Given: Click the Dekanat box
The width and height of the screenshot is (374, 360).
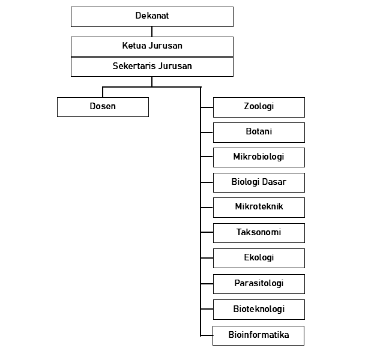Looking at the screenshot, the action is tap(152, 17).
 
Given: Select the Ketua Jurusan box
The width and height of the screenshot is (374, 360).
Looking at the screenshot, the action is tap(152, 47).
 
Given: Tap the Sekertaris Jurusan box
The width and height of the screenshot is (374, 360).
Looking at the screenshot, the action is tap(152, 67).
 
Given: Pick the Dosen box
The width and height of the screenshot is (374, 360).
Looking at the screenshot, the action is tap(103, 107).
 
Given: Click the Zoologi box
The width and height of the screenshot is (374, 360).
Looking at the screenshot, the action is tap(259, 107).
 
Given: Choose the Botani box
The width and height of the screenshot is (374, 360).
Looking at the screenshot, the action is tap(259, 133).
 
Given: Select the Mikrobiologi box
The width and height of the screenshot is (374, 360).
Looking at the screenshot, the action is tap(259, 157).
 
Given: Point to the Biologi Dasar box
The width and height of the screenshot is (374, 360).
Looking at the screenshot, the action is tap(259, 182).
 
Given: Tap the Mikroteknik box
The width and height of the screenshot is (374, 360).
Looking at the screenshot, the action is tap(259, 208).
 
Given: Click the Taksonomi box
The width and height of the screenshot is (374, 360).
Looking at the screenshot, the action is tap(259, 233).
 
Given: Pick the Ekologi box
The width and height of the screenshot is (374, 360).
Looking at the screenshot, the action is tap(259, 258).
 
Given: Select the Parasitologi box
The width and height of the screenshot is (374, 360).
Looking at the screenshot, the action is tap(259, 284).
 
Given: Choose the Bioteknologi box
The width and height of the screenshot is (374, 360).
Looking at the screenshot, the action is tap(259, 310).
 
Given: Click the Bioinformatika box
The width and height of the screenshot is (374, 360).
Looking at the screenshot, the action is tap(258, 335).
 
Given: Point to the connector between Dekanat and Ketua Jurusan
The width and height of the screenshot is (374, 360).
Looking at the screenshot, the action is tap(152, 32).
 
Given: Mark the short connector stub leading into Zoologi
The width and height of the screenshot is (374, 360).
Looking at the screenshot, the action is tap(207, 107).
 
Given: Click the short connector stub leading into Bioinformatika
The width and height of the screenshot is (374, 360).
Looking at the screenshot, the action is tap(207, 335).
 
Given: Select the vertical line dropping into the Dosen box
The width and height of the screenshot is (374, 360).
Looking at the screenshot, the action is tap(103, 92).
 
